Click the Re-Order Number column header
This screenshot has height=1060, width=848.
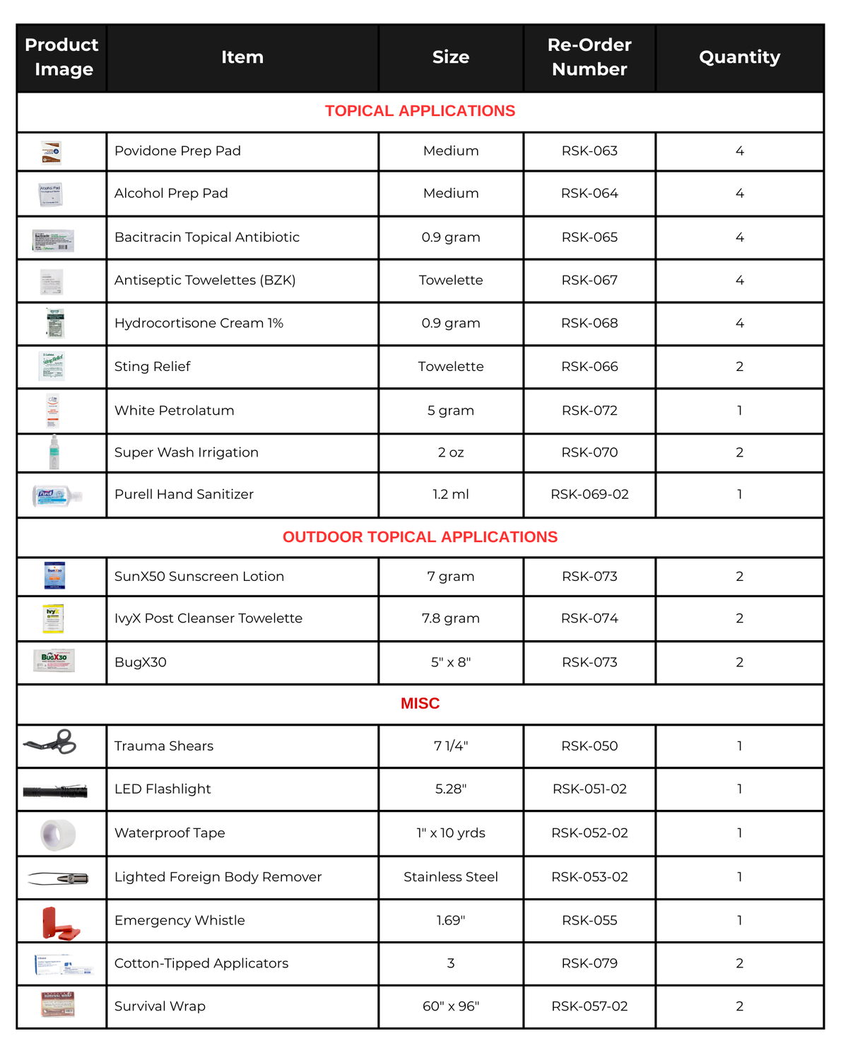(589, 57)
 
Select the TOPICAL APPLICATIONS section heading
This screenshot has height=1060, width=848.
(420, 111)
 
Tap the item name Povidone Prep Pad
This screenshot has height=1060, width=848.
(177, 151)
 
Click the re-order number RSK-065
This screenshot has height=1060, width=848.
(589, 237)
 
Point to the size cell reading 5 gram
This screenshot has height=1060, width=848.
(450, 411)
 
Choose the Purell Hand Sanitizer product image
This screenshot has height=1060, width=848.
(57, 495)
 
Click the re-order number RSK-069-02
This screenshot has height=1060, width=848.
(589, 495)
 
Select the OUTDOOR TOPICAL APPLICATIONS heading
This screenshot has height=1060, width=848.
(420, 537)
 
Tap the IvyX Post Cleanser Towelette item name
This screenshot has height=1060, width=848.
(208, 618)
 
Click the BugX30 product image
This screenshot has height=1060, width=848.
(54, 661)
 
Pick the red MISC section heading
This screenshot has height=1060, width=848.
(420, 704)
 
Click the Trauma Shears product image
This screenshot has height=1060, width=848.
(51, 743)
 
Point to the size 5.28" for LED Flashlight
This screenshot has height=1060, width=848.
(450, 789)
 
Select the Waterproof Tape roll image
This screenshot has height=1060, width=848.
(58, 834)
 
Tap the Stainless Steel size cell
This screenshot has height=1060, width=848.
(450, 877)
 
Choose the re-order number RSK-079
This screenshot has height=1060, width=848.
(589, 963)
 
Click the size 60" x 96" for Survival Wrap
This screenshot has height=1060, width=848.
(450, 1006)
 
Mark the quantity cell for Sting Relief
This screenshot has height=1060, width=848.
(739, 367)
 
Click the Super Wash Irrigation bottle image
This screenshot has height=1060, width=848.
(54, 453)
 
